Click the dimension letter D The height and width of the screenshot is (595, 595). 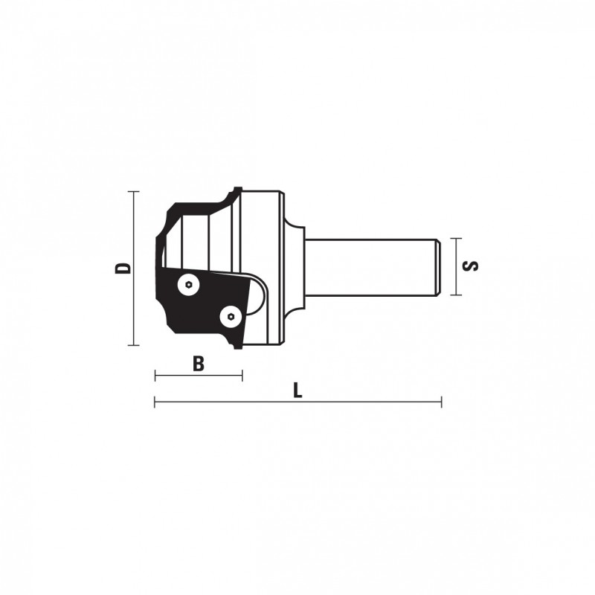(x=123, y=268)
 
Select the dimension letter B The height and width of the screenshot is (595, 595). (x=198, y=364)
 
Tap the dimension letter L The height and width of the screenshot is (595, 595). (x=298, y=390)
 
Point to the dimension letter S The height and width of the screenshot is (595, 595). (x=471, y=266)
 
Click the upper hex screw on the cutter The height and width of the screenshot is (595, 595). (x=189, y=284)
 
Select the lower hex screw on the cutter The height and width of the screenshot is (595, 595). (x=231, y=316)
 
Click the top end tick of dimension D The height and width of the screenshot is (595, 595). (x=133, y=192)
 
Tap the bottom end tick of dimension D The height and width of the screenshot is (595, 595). (x=133, y=345)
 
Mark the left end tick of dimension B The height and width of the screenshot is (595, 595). (x=155, y=376)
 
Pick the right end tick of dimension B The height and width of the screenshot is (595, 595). (x=242, y=376)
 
